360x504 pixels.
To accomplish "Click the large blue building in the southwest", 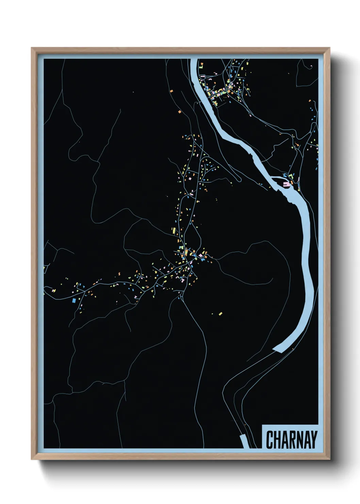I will [73, 300].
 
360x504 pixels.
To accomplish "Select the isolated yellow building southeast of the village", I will [220, 313].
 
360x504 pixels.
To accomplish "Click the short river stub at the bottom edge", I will [244, 442].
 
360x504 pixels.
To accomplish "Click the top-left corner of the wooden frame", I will [32, 48].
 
